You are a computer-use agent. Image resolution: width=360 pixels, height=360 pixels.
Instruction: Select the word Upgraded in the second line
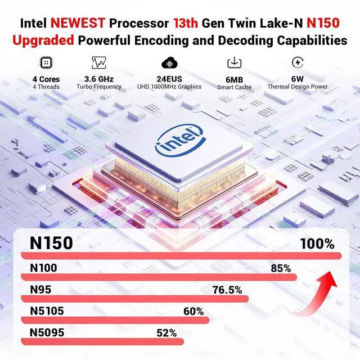click(43, 41)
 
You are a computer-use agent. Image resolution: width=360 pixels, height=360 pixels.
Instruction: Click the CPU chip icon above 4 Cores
click(46, 63)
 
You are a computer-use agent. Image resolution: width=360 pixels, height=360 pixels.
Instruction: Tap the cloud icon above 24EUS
click(169, 62)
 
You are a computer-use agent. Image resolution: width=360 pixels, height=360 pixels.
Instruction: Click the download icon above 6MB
click(234, 63)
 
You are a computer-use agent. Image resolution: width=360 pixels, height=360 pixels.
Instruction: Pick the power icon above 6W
click(297, 62)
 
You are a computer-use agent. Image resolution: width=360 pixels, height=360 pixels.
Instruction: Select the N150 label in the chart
click(51, 243)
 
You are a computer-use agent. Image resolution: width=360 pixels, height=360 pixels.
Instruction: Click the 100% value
click(317, 244)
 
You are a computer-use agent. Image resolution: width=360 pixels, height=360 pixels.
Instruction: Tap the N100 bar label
click(43, 268)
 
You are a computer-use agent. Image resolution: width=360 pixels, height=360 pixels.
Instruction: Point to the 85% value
click(281, 268)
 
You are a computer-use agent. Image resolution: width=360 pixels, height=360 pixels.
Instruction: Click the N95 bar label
click(40, 290)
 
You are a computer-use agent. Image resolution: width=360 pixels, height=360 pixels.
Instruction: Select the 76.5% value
click(227, 290)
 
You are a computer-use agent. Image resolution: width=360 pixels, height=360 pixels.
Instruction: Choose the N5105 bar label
click(47, 311)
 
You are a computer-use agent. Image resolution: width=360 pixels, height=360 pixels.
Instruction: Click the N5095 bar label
click(47, 332)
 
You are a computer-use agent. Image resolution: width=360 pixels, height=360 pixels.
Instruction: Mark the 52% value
click(166, 333)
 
